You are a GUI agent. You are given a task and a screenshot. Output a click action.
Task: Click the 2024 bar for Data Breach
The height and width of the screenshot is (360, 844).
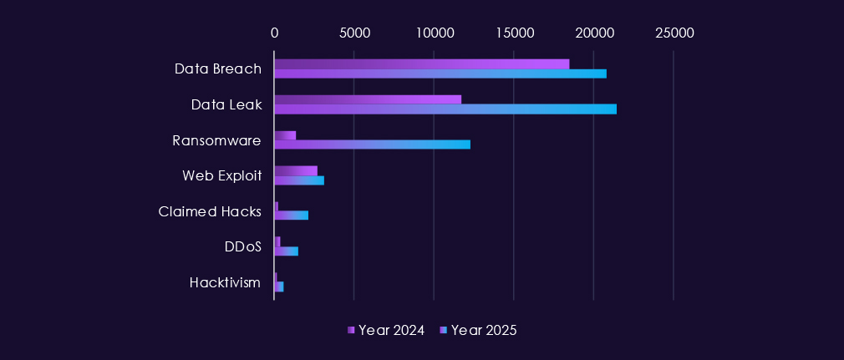click(x=421, y=64)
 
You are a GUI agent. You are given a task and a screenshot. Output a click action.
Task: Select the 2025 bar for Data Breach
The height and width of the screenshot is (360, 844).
click(x=440, y=74)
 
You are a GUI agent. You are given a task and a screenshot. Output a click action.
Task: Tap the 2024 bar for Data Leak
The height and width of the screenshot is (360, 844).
click(x=368, y=99)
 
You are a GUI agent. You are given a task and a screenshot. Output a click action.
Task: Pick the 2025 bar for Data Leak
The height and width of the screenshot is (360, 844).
click(x=445, y=109)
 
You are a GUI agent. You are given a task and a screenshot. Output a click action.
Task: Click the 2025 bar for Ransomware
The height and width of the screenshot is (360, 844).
click(x=372, y=145)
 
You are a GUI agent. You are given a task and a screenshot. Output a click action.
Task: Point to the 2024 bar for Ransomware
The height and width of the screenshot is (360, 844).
click(x=285, y=135)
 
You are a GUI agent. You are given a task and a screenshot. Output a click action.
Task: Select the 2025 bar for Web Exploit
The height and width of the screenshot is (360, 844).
click(x=299, y=180)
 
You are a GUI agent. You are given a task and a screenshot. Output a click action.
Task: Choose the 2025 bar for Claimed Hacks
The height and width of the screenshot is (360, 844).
click(x=291, y=215)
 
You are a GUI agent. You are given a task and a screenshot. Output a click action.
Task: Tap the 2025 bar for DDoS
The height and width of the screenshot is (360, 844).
click(x=286, y=251)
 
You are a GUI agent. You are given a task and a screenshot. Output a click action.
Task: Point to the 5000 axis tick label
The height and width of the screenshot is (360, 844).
click(x=354, y=33)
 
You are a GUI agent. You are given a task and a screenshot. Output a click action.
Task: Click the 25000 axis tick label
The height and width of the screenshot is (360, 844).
click(x=674, y=33)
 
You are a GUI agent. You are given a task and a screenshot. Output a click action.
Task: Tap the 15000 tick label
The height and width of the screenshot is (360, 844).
click(x=514, y=33)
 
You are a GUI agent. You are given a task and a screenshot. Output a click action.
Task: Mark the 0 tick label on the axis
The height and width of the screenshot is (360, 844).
click(x=274, y=33)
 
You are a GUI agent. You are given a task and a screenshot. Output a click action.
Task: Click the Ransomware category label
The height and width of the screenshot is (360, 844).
click(x=216, y=140)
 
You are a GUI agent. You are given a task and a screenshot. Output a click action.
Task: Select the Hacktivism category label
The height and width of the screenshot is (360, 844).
click(x=225, y=282)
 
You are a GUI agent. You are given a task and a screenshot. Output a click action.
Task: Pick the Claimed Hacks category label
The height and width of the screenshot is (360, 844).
click(x=210, y=211)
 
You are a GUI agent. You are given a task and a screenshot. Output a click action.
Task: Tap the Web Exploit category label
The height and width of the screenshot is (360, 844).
click(x=221, y=175)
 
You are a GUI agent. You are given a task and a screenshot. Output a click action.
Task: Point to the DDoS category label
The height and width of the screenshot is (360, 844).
click(x=242, y=246)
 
